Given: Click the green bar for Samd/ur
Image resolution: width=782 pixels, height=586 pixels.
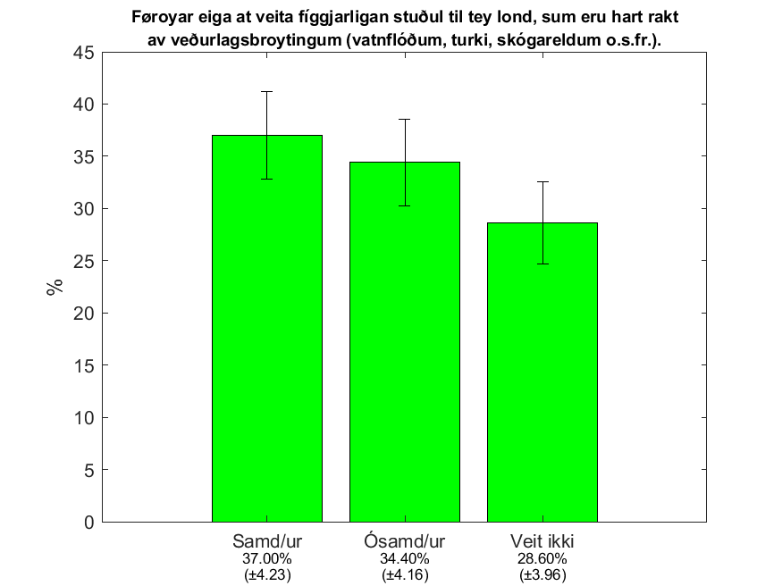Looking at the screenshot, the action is (x=267, y=329).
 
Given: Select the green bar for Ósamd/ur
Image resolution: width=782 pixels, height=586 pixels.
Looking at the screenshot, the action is (x=405, y=342).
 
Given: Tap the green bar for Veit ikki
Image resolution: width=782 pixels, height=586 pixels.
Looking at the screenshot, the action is (x=542, y=373).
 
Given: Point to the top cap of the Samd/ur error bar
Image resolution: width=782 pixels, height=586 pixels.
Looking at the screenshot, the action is (x=267, y=92).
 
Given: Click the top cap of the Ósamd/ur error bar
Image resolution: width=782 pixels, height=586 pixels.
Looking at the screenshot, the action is (x=405, y=120).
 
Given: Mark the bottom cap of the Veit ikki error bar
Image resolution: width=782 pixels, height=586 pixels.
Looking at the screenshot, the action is (x=542, y=264).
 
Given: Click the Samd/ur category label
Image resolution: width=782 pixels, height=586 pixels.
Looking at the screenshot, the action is (x=267, y=541).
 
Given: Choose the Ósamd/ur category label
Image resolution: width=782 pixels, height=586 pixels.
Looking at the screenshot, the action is (x=405, y=540).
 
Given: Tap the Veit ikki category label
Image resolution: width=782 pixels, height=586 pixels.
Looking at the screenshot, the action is (x=542, y=541).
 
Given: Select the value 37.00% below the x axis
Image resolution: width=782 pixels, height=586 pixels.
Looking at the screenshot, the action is (x=267, y=558).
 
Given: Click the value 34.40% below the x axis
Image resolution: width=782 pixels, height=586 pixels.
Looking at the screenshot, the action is (x=405, y=558).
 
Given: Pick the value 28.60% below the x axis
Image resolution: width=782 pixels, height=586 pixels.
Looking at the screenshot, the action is (x=542, y=558).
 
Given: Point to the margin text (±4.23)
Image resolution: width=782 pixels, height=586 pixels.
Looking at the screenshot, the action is (x=267, y=575).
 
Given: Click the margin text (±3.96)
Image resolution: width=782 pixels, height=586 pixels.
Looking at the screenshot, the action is (x=542, y=575).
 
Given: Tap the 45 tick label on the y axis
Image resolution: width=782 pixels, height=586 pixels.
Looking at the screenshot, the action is (x=84, y=53).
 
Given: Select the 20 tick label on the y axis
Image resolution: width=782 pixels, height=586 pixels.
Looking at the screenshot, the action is (x=84, y=314).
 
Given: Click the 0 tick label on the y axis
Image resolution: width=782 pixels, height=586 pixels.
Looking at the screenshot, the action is (x=89, y=523).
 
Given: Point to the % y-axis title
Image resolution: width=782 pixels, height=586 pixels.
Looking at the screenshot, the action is (x=55, y=287).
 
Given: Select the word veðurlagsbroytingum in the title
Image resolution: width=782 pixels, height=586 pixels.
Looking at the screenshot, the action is (x=256, y=40).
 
